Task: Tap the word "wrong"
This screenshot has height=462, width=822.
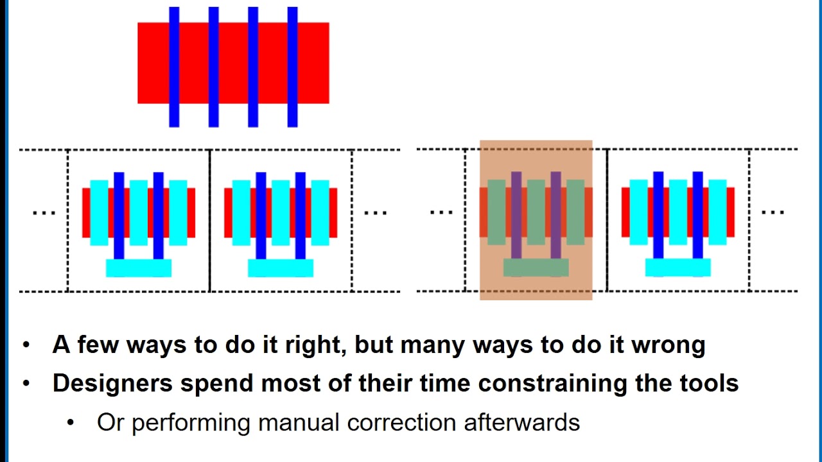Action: (x=669, y=346)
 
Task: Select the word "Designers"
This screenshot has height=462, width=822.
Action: (x=112, y=384)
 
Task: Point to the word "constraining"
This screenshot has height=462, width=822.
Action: (x=553, y=384)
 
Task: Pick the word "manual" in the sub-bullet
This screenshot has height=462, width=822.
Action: (x=299, y=422)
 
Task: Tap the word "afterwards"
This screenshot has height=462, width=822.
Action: (x=522, y=422)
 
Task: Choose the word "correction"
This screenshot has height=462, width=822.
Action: (x=401, y=423)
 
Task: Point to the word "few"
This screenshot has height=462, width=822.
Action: (x=98, y=345)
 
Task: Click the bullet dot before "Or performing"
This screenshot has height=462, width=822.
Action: (x=71, y=423)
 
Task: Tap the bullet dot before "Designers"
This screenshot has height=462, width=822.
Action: (x=26, y=384)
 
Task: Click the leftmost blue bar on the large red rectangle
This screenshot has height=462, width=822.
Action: (x=174, y=67)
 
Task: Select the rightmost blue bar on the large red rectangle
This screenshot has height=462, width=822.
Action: (x=292, y=67)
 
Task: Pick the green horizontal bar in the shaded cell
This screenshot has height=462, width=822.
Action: (x=536, y=268)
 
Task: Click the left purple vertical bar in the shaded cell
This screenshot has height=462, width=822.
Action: (x=516, y=215)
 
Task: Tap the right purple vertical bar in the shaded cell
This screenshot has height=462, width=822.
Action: (x=555, y=215)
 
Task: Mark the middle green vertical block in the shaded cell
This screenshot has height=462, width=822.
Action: (x=536, y=212)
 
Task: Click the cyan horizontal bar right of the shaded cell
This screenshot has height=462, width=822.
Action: (x=678, y=268)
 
